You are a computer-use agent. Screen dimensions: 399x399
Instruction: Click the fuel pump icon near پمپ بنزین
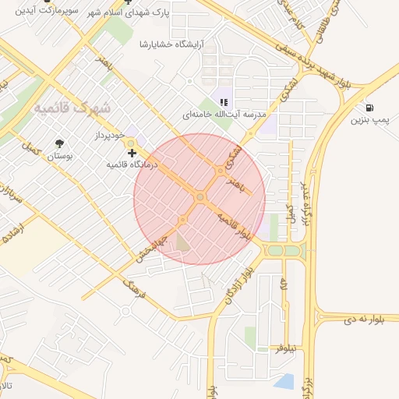369,108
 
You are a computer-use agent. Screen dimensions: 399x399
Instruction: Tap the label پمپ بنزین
368,121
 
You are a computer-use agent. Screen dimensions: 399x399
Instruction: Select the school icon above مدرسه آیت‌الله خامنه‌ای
224,102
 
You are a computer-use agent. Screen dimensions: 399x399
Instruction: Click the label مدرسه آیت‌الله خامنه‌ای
220,115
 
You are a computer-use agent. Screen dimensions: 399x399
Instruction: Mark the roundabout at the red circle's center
200,197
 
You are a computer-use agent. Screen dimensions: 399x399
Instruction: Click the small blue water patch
284,381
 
